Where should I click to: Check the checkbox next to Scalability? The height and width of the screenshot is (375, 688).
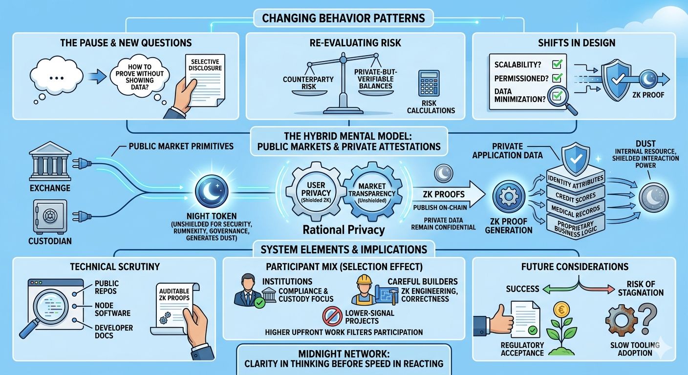point(557,64)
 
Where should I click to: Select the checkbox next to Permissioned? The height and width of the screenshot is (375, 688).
point(557,78)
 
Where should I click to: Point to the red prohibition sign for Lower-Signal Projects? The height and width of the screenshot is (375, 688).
point(333,316)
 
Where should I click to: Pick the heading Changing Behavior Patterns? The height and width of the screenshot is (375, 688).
point(344,19)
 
